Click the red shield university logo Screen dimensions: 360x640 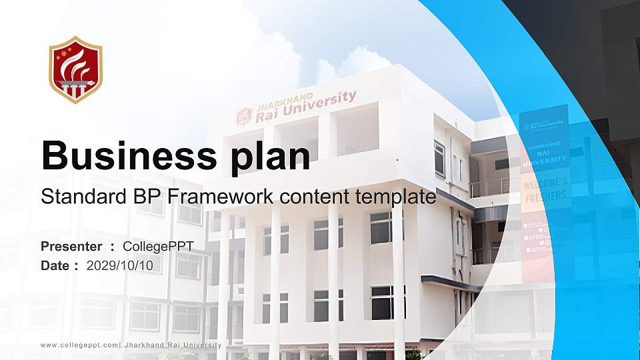[x=75, y=69]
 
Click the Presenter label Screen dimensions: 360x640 [x=71, y=247]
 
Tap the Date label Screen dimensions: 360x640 [x=55, y=266]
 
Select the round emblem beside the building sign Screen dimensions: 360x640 [x=243, y=117]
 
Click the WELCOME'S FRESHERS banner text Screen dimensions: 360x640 [x=545, y=189]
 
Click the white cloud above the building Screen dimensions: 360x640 [x=353, y=67]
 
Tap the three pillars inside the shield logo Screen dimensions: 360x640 [x=75, y=89]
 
